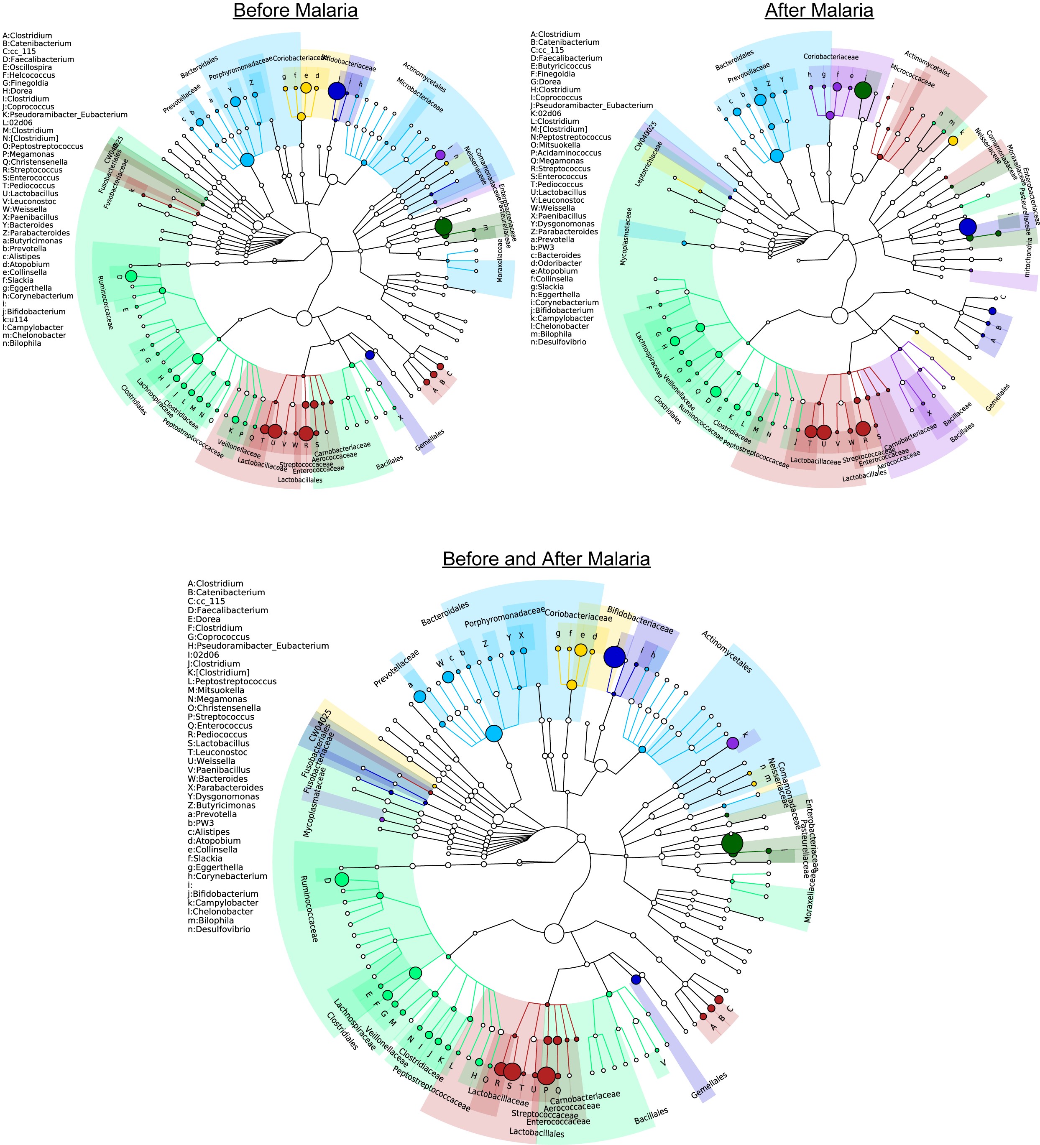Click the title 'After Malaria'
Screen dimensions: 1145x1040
(x=819, y=11)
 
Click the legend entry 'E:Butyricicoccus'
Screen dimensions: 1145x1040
(x=561, y=66)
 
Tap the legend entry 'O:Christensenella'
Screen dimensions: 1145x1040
(x=225, y=708)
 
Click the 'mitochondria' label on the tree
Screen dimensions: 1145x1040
(x=1027, y=257)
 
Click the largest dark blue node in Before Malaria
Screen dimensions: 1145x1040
(x=337, y=91)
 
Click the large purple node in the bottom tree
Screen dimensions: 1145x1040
(x=733, y=743)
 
